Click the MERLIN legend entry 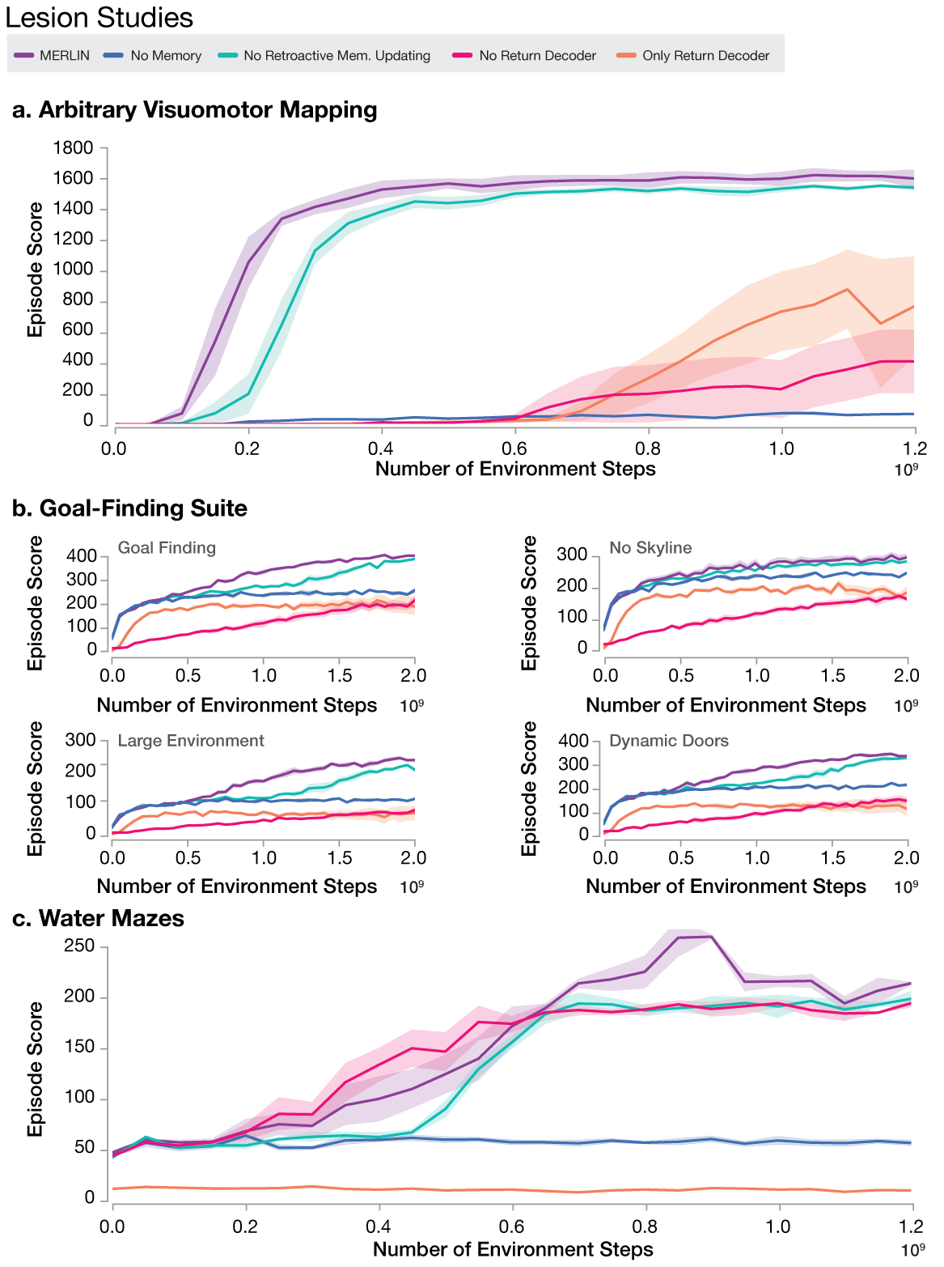tap(53, 56)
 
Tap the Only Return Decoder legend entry tap(695, 56)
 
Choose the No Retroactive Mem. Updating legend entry tap(326, 56)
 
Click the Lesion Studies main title tap(99, 18)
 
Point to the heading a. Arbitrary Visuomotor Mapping tap(195, 110)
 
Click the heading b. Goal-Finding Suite tap(129, 508)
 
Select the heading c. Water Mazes tap(99, 918)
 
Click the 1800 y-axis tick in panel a tap(73, 148)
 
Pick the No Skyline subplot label tap(650, 548)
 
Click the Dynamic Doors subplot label tap(668, 741)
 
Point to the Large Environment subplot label tap(191, 741)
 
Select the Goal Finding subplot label tap(167, 548)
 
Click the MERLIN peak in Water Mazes tap(709, 937)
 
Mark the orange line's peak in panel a tap(847, 289)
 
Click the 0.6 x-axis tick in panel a tap(514, 449)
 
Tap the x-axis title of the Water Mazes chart tap(513, 1249)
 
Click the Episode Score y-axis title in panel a tap(36, 270)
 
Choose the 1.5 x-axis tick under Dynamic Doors tap(832, 858)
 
